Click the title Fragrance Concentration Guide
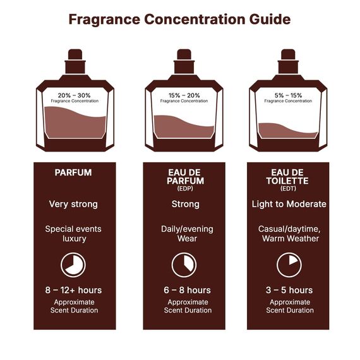click(x=179, y=20)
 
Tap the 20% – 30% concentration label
click(x=75, y=95)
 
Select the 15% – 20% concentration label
click(x=184, y=95)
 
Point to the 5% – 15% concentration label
click(x=288, y=95)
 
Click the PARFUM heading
click(x=74, y=172)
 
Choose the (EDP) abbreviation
click(x=185, y=188)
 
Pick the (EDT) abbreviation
click(x=288, y=188)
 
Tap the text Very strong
click(x=74, y=204)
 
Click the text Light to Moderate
click(x=288, y=204)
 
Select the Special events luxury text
click(x=74, y=233)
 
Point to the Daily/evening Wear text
click(x=184, y=233)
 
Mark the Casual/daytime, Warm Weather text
click(x=288, y=233)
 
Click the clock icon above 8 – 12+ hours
click(x=74, y=264)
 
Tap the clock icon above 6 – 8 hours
click(x=184, y=264)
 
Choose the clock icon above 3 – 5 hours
click(x=288, y=264)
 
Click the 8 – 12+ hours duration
click(x=74, y=290)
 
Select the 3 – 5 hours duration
click(x=288, y=290)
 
